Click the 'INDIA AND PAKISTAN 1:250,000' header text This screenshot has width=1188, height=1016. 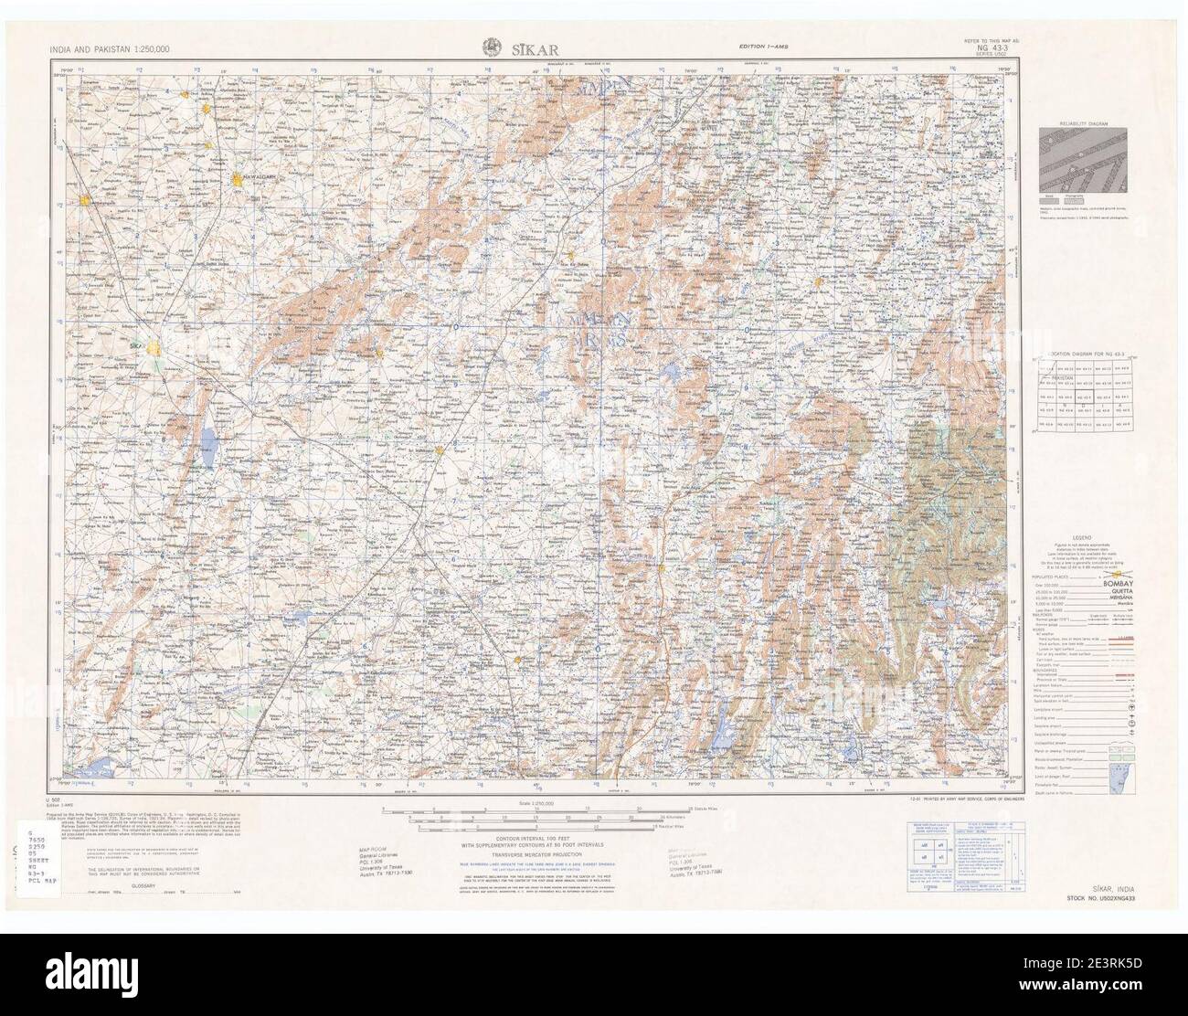click(104, 48)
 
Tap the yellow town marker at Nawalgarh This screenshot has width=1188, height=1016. click(240, 189)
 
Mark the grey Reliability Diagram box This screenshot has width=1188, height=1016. click(1081, 160)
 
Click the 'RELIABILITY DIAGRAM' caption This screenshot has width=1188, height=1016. click(1081, 122)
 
